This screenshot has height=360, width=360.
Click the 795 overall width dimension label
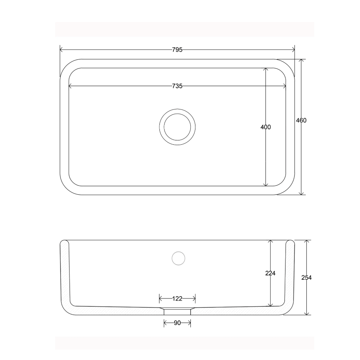177,50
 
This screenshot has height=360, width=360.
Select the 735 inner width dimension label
177,86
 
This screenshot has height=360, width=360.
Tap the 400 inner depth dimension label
266,127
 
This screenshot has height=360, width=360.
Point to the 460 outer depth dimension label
301,120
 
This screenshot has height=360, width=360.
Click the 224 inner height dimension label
270,273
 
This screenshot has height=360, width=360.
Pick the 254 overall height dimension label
306,278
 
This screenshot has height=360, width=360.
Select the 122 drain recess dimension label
177,299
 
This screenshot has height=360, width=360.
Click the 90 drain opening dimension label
177,323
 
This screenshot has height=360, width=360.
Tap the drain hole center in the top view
177,127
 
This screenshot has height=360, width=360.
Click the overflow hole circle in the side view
179,258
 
